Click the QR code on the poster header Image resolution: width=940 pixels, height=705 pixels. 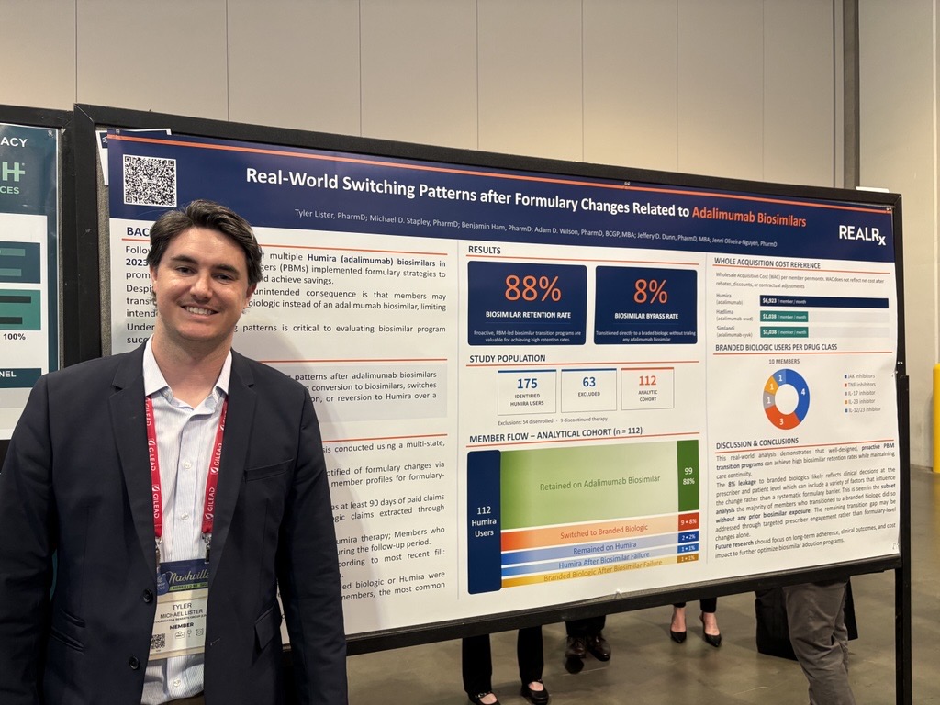click(149, 180)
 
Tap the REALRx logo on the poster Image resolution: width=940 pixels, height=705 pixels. click(862, 234)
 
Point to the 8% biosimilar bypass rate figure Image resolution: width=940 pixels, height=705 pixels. click(650, 292)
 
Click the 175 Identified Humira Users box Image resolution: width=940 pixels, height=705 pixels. click(527, 390)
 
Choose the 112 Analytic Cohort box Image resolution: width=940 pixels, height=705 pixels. click(647, 388)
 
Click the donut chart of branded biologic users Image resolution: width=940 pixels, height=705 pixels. click(787, 398)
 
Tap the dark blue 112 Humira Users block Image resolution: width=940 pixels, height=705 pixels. click(484, 520)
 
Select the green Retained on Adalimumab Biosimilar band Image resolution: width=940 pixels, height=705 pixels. click(587, 479)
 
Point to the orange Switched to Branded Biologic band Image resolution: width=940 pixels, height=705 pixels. click(587, 534)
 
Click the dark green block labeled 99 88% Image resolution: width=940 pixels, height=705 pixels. click(688, 475)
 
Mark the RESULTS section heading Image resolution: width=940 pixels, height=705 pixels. click(485, 250)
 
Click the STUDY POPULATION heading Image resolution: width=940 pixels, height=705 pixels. click(508, 359)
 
